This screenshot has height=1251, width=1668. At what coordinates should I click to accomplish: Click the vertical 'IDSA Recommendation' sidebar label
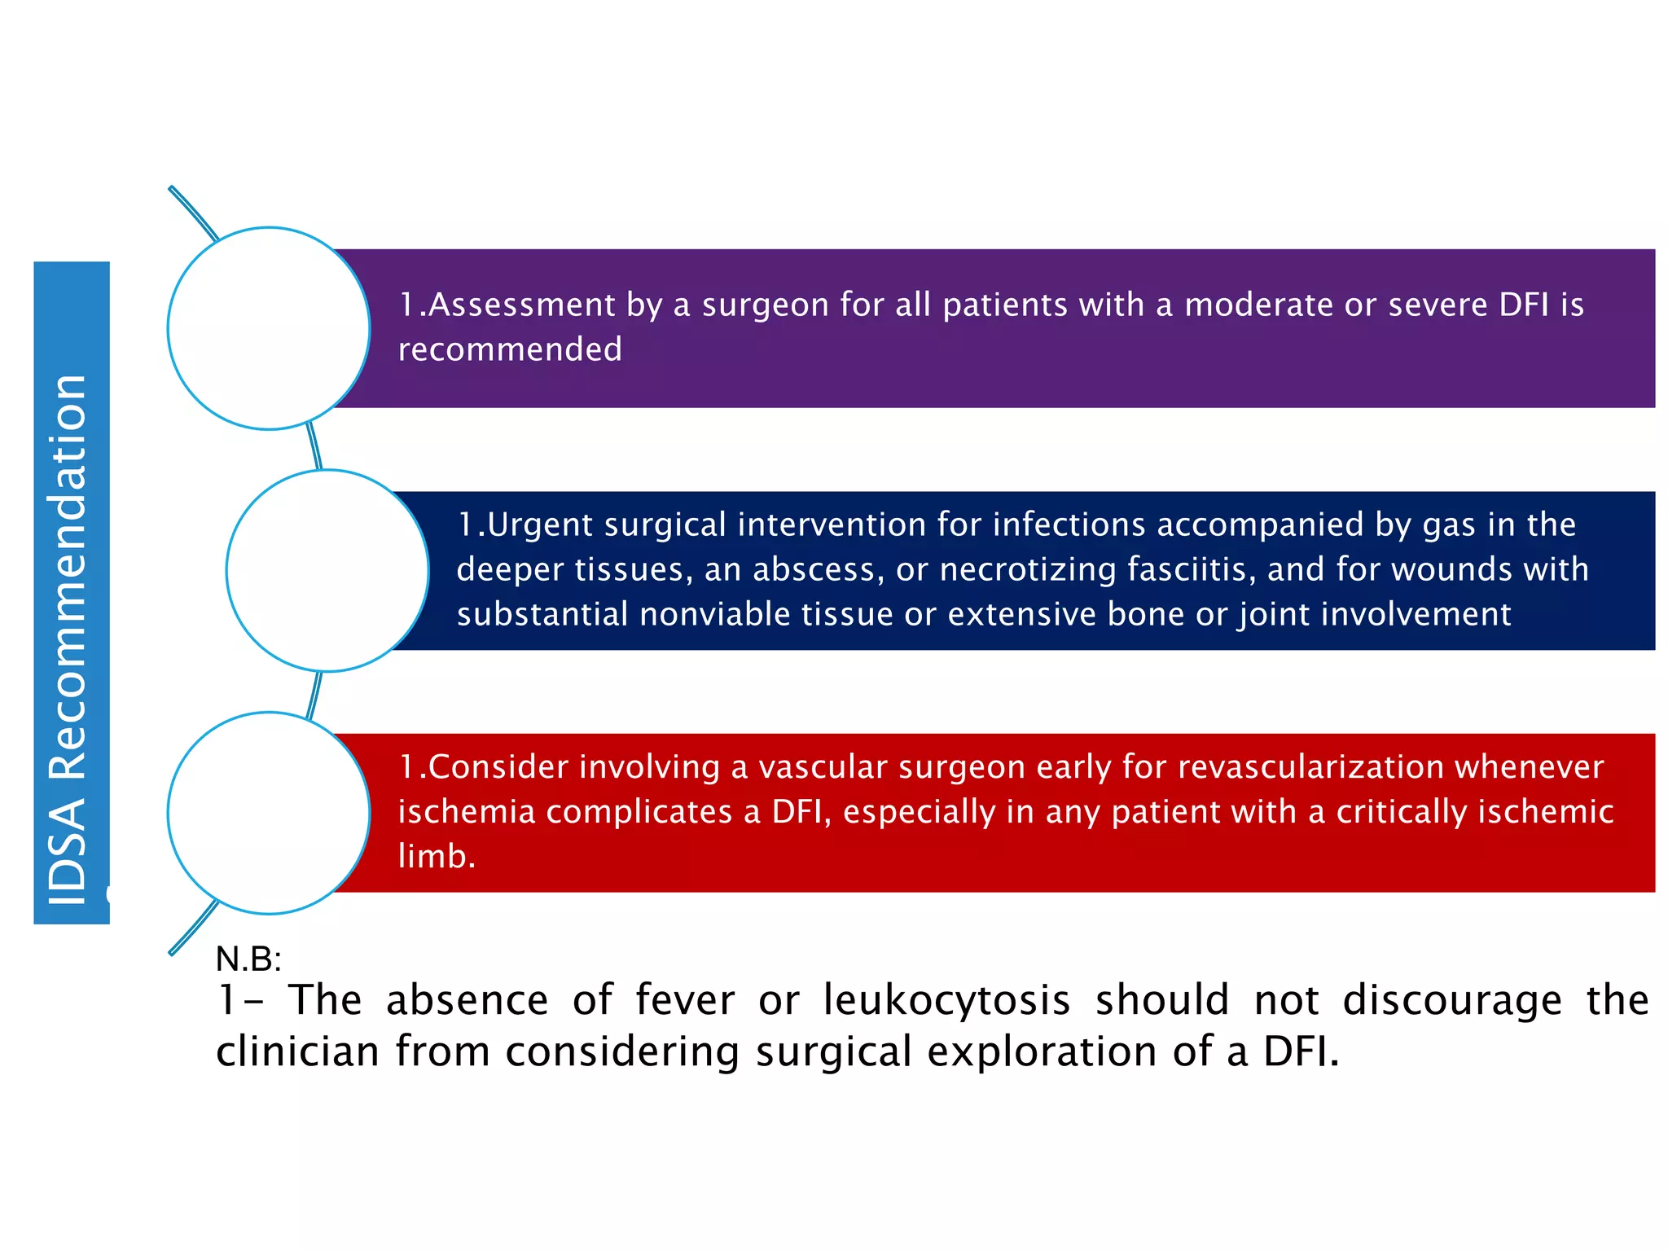coord(70,639)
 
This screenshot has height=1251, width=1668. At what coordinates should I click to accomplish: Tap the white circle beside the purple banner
coord(269,328)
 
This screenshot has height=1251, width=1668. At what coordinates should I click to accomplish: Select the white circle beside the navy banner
coord(327,571)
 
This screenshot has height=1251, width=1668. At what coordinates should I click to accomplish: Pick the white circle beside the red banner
coord(269,813)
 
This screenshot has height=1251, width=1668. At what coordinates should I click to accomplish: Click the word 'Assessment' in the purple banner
coord(522,305)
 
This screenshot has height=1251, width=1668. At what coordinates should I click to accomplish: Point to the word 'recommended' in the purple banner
coord(510,349)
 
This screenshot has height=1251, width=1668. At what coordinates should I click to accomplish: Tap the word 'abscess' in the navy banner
coord(819,569)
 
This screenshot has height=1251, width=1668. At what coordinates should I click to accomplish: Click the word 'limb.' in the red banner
coord(437,857)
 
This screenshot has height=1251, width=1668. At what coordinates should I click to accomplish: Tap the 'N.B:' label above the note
coord(248,959)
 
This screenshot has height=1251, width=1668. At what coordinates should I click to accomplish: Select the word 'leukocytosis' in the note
coord(946,1000)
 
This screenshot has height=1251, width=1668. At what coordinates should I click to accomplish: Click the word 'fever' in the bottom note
coord(685,1000)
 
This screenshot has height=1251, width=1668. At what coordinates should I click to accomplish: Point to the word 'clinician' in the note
coord(297,1051)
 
